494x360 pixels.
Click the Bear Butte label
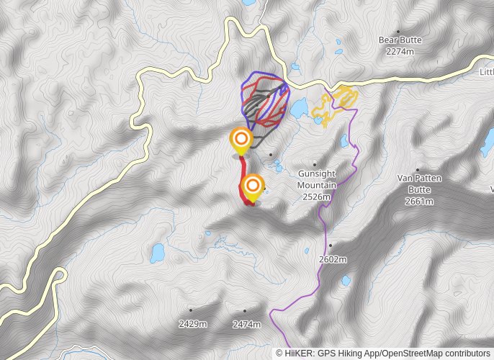(400, 40)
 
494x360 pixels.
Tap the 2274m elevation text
(400, 51)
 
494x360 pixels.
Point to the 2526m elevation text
(317, 197)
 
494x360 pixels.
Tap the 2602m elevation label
(333, 259)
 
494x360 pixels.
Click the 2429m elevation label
(193, 324)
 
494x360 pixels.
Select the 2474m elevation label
(246, 324)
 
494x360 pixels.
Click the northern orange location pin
(241, 138)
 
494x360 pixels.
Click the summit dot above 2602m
(331, 246)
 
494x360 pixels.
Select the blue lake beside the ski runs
(298, 108)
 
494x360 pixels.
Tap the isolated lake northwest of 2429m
(156, 253)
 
